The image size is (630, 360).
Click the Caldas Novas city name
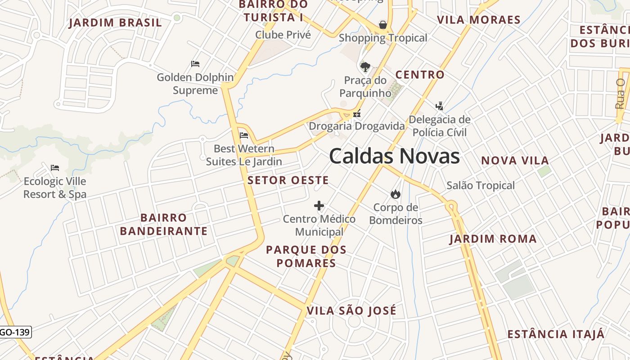click(x=394, y=156)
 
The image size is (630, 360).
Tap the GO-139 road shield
click(x=15, y=333)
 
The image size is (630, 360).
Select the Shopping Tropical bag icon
click(x=383, y=24)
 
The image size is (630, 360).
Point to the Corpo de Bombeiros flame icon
click(x=396, y=194)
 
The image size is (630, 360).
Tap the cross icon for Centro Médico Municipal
click(x=319, y=206)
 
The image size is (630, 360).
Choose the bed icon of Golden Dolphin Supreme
click(x=195, y=64)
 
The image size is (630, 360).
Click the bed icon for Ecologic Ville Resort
click(x=55, y=168)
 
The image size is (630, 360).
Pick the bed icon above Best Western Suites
click(x=244, y=135)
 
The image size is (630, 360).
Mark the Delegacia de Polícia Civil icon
click(x=440, y=106)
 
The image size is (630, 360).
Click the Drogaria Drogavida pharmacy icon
click(x=357, y=114)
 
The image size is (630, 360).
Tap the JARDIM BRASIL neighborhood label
click(x=115, y=23)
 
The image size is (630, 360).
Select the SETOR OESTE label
click(x=288, y=180)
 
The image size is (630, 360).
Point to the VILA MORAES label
click(x=479, y=20)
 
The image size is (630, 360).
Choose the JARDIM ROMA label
click(x=493, y=239)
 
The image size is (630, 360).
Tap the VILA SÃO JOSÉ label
click(x=351, y=310)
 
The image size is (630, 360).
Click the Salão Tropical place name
click(x=480, y=185)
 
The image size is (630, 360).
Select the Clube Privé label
click(x=283, y=35)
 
